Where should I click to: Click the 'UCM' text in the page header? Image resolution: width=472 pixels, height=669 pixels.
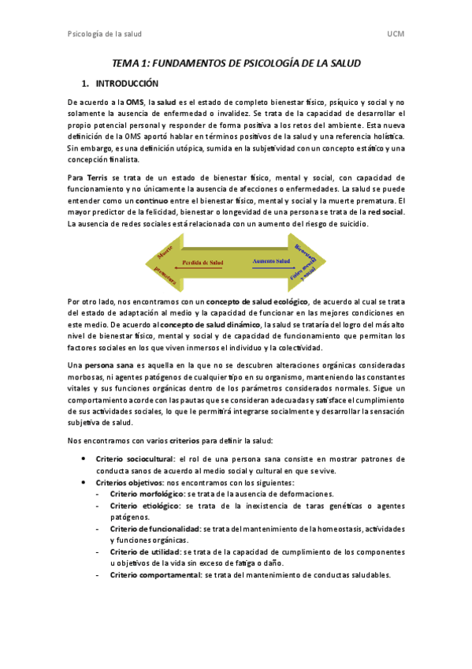coord(396,36)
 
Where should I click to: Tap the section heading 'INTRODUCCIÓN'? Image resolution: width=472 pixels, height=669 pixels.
coord(127,84)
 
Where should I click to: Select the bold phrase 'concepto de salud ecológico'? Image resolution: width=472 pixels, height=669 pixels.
coord(257,302)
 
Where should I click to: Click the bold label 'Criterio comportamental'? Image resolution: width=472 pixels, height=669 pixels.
coord(155,575)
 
